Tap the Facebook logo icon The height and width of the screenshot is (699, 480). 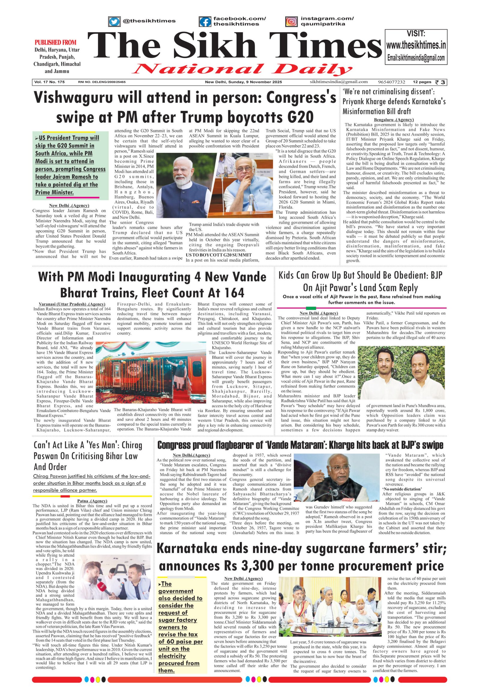205,22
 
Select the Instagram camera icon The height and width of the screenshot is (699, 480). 291,22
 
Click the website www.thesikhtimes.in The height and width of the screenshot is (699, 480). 416,45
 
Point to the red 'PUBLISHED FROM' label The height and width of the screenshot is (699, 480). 55,42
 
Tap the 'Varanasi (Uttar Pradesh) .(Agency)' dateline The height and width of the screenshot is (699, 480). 72,304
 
